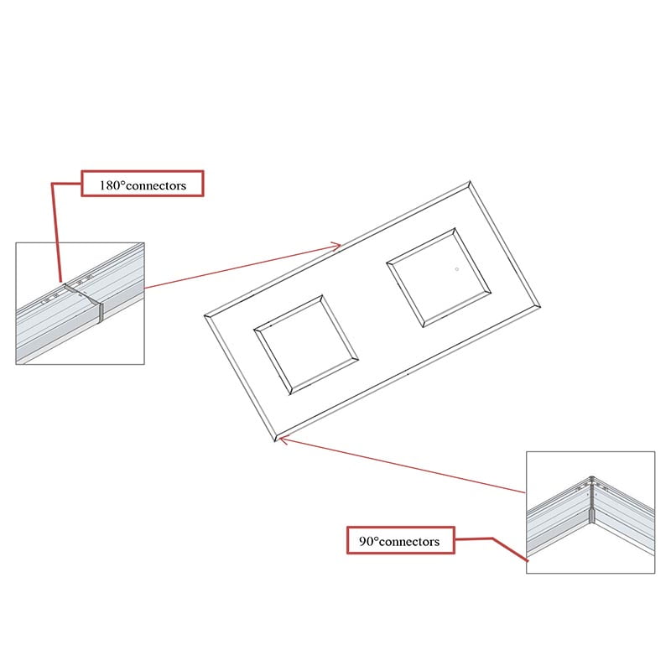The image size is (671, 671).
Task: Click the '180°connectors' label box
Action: click(x=143, y=184)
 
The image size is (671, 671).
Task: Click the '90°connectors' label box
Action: click(x=401, y=540)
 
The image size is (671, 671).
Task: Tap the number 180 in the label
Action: click(x=109, y=185)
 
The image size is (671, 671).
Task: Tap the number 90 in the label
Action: click(x=367, y=541)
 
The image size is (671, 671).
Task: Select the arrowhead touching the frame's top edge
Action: click(x=336, y=246)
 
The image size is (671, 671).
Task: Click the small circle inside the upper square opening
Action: click(x=457, y=269)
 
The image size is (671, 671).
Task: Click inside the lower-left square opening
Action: click(x=306, y=345)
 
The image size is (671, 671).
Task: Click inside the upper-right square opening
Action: click(x=439, y=278)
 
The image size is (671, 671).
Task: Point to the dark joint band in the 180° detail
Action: click(x=101, y=311)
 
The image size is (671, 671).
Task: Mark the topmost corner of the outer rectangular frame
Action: click(x=470, y=181)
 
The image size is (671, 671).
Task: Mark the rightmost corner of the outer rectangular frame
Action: click(x=540, y=306)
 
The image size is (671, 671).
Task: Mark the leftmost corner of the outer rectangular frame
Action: click(x=204, y=316)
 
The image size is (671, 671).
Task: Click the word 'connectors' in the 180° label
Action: click(x=156, y=186)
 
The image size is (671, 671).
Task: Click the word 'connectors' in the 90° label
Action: click(x=409, y=542)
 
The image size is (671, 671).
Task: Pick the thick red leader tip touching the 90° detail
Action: click(x=527, y=559)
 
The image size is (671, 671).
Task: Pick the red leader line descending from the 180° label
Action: click(x=56, y=232)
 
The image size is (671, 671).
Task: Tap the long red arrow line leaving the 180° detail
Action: click(x=242, y=267)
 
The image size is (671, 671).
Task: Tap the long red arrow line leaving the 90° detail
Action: click(x=402, y=465)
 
